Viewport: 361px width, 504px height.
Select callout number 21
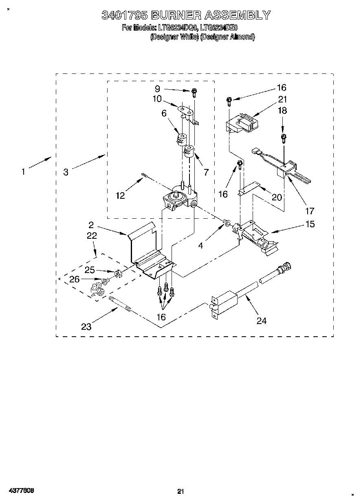282,99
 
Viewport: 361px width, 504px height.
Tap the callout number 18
282,110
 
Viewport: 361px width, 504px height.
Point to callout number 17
310,211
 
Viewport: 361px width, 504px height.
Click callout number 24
261,321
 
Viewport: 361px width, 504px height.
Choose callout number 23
86,326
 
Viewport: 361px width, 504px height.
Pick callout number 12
120,195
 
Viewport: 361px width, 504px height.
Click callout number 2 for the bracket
91,224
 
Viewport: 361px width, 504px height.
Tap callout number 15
310,224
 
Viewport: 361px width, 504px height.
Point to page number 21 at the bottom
181,491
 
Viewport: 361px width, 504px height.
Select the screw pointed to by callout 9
194,93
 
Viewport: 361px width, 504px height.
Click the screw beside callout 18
283,138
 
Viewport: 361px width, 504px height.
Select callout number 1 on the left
23,172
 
